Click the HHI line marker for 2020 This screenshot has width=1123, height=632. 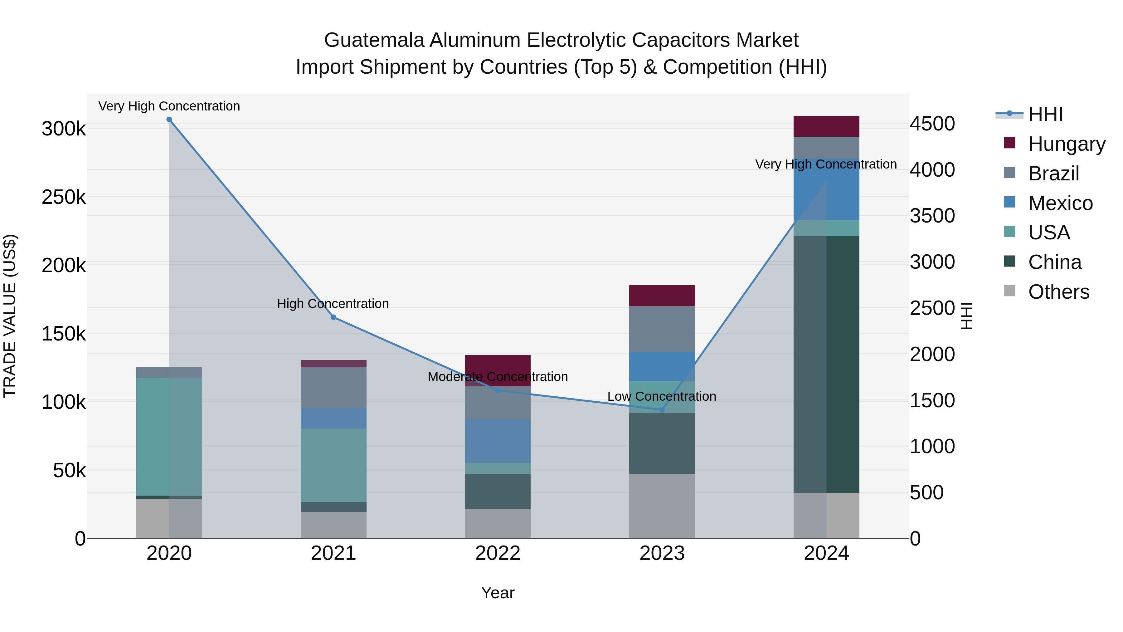pyautogui.click(x=169, y=120)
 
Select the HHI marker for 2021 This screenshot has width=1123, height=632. pyautogui.click(x=333, y=317)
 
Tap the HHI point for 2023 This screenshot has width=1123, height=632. pyautogui.click(x=662, y=409)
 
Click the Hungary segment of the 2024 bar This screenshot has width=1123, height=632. pyautogui.click(x=826, y=126)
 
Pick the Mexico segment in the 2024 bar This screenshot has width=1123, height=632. pyautogui.click(x=826, y=190)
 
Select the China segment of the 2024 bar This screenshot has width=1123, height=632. pyautogui.click(x=826, y=364)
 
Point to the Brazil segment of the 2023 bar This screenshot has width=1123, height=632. pyautogui.click(x=662, y=329)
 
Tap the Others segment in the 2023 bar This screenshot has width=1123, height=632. pyautogui.click(x=662, y=506)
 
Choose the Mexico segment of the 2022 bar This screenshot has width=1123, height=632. pyautogui.click(x=498, y=440)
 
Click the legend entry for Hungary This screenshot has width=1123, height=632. pyautogui.click(x=1066, y=144)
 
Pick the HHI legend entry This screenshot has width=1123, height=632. pyautogui.click(x=1045, y=114)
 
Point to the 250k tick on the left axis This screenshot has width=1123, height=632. pyautogui.click(x=64, y=197)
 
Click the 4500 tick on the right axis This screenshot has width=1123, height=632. pyautogui.click(x=932, y=124)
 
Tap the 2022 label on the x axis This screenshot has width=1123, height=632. pyautogui.click(x=498, y=553)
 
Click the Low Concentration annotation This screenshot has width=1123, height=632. pyautogui.click(x=661, y=396)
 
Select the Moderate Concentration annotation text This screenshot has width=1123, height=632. pyautogui.click(x=498, y=376)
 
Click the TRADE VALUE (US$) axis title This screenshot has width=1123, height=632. pyautogui.click(x=10, y=316)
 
